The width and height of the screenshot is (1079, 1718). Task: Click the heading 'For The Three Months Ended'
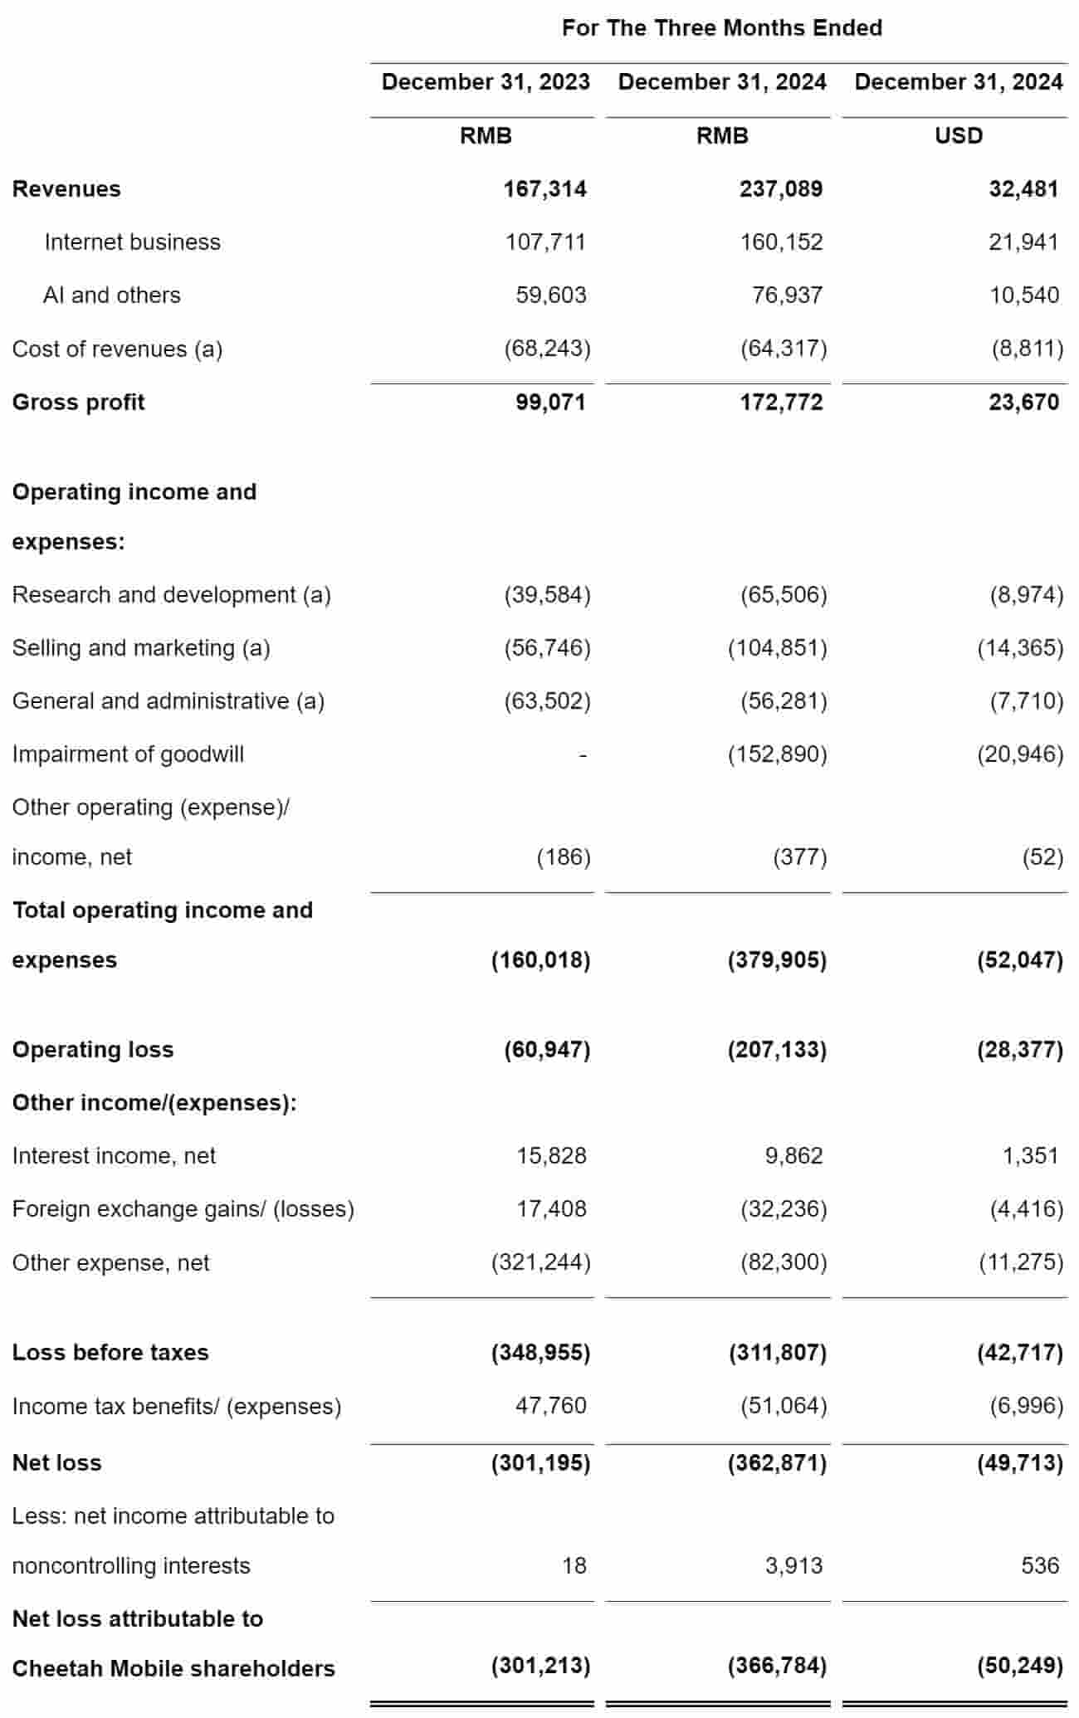pos(721,28)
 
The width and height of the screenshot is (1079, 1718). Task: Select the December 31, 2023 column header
pos(486,82)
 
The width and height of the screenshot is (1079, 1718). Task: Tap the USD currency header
pos(959,135)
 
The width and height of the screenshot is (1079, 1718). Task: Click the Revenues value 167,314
pos(544,189)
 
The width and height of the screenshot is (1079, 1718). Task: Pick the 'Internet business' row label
pos(133,242)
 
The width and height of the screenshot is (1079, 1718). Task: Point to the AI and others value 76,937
pos(787,295)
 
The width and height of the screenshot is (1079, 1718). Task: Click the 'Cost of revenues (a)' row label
pos(117,349)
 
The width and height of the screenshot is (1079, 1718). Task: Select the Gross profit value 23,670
pos(1023,403)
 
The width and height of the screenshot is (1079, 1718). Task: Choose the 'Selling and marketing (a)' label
pos(141,648)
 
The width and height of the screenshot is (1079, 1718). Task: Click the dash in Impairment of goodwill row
pos(583,755)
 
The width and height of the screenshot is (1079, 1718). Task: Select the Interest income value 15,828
pos(551,1156)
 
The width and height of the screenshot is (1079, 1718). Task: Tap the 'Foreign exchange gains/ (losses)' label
pos(183,1209)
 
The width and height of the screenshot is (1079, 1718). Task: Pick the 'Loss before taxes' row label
pos(110,1353)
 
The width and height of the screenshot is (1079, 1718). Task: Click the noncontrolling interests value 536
pos(1040,1566)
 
